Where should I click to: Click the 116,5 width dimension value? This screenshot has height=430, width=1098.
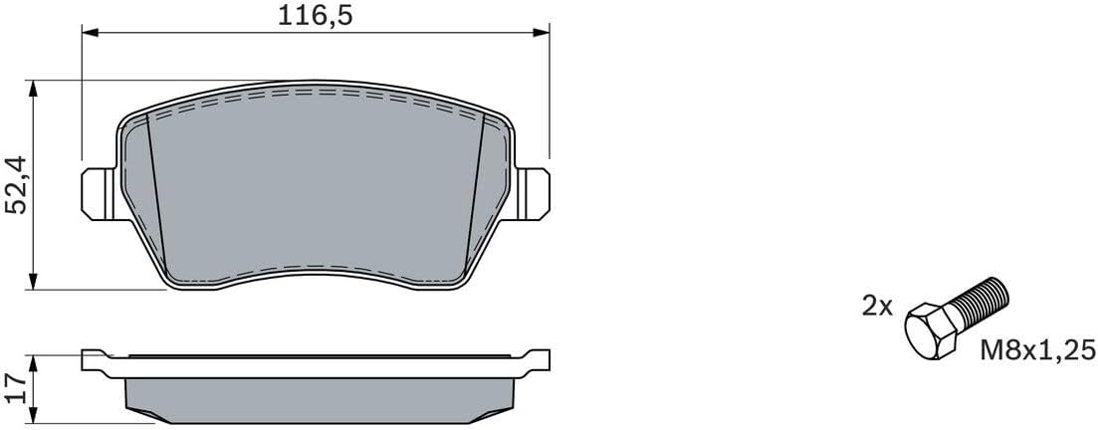tap(315, 15)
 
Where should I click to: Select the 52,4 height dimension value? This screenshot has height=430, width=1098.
tap(16, 185)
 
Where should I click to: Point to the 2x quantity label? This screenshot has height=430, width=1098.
tap(877, 306)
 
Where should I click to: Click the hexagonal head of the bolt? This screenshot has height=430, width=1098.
tap(930, 331)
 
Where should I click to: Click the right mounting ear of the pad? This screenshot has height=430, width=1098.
tap(532, 194)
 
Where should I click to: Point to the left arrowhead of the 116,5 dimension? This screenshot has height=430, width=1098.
tap(90, 32)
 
